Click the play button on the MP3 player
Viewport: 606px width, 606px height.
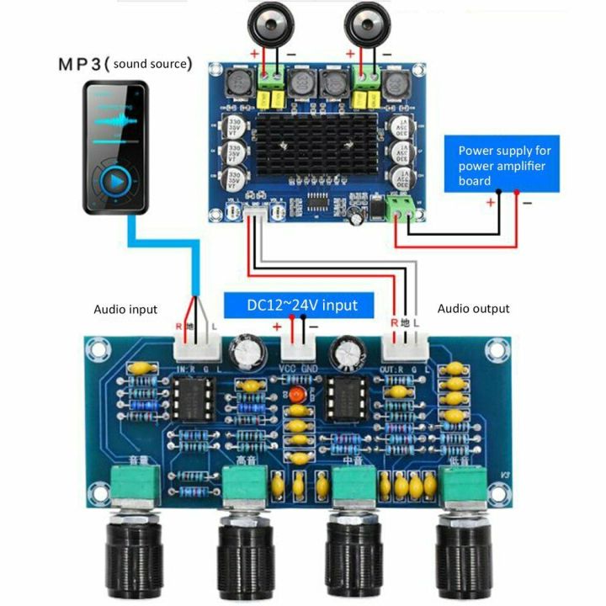click(x=115, y=179)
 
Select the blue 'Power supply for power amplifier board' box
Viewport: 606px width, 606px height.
click(x=504, y=165)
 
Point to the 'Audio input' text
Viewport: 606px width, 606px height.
click(x=125, y=310)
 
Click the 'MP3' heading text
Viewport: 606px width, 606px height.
click(x=83, y=64)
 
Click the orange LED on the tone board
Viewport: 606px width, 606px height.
click(x=295, y=393)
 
